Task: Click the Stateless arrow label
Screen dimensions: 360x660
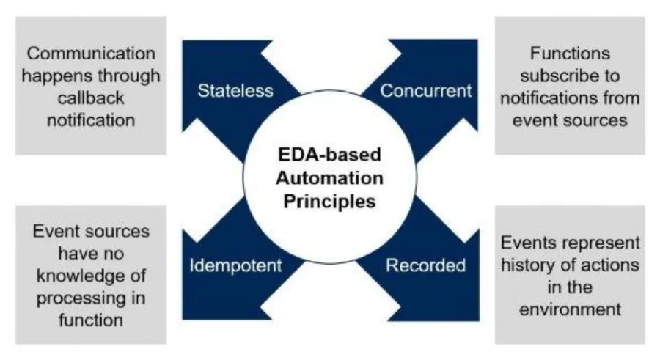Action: tap(235, 91)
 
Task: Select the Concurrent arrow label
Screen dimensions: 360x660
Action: tap(425, 91)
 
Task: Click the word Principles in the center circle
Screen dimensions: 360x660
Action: tap(330, 200)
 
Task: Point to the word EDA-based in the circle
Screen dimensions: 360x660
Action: tap(330, 156)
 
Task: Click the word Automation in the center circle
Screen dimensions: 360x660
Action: tap(330, 178)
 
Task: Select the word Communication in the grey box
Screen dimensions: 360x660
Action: tap(91, 54)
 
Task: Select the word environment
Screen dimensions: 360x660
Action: tap(571, 308)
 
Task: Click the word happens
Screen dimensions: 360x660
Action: tap(58, 76)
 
